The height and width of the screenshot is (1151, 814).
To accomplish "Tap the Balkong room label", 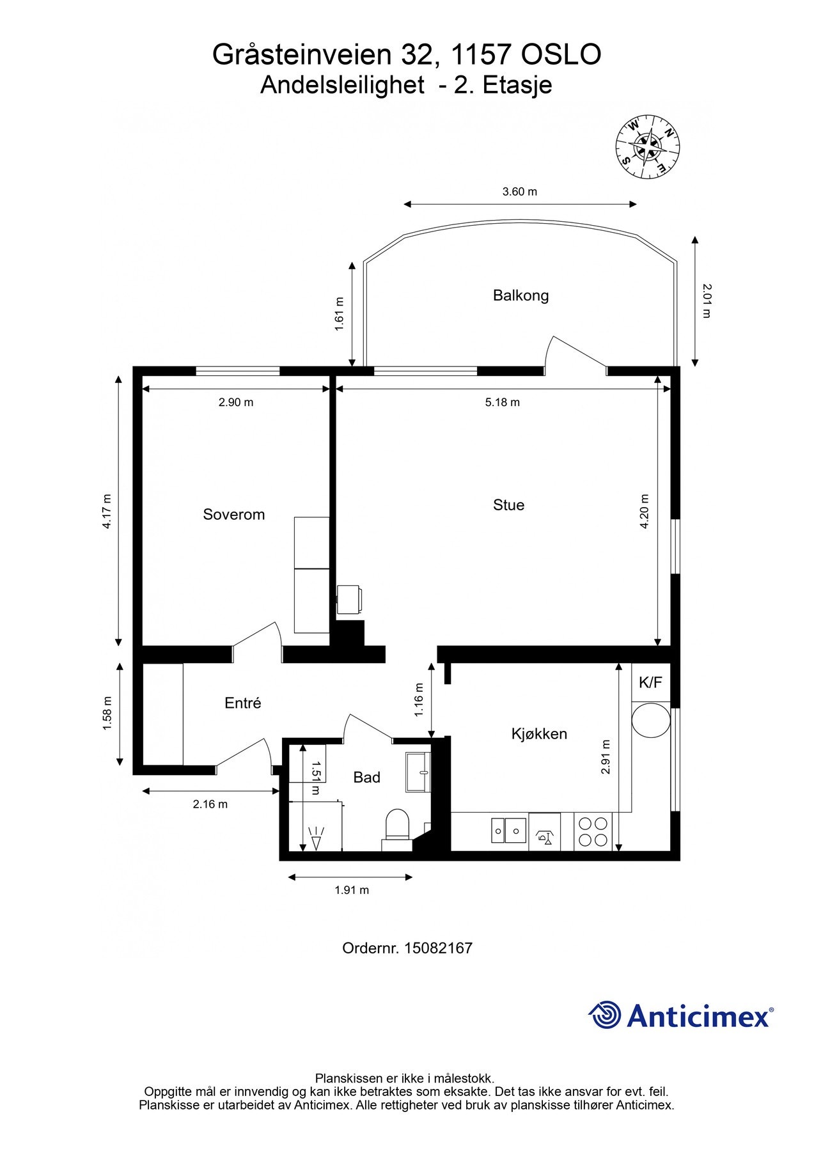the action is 520,295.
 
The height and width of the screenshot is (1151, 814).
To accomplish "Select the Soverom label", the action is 233,514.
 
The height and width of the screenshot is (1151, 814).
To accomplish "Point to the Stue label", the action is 508,505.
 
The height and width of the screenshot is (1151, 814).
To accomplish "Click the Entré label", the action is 243,703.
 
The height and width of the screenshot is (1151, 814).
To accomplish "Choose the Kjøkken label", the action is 539,733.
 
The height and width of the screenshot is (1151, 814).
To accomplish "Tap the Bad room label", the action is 366,777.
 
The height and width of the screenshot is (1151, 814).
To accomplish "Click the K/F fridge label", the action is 650,682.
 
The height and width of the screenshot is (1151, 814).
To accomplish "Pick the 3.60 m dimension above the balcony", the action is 519,191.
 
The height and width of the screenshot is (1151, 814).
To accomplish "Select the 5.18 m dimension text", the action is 502,402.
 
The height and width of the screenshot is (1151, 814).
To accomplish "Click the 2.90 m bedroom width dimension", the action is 236,402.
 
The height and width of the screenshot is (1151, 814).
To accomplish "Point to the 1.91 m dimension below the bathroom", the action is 352,889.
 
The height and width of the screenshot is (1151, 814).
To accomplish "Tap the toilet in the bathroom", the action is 397,826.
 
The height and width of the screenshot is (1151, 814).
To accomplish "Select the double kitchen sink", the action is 508,831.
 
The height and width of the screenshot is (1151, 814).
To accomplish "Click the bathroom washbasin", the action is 419,772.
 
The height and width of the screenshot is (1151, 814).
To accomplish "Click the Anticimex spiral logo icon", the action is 605,1015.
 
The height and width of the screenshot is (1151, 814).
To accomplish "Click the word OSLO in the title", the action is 561,55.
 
